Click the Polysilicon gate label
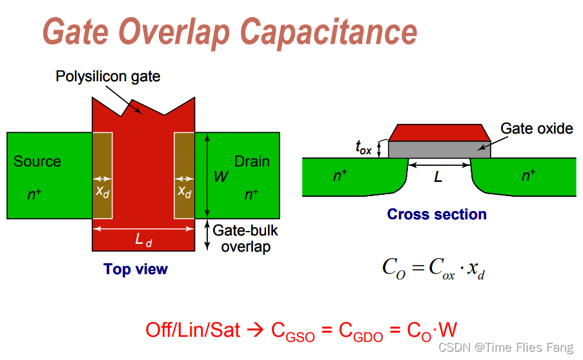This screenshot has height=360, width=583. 108,77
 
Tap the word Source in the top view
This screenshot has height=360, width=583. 37,161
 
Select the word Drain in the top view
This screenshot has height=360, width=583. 252,161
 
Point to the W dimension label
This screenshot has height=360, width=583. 221,176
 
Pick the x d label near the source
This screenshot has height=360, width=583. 103,192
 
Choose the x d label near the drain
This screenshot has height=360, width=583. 184,192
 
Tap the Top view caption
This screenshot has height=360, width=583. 136,269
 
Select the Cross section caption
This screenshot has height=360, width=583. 436,214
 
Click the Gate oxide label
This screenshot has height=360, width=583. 537,128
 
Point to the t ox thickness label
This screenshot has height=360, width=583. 363,148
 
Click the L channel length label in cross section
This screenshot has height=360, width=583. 438,175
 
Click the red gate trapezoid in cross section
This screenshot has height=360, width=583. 439,132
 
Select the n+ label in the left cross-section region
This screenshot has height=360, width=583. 341,175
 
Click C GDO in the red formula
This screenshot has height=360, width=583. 358,332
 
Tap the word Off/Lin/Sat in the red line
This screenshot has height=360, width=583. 193,330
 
